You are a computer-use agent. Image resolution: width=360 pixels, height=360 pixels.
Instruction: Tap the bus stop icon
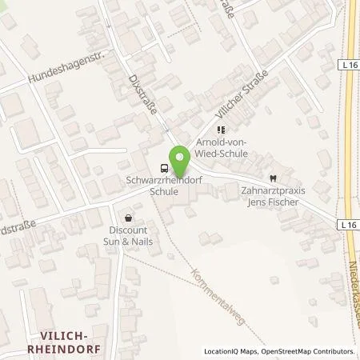point(164,168)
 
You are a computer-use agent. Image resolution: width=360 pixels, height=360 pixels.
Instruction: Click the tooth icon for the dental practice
point(273,178)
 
